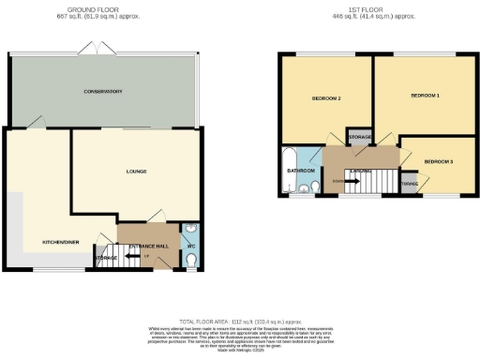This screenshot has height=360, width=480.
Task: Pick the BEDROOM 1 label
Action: point(424,96)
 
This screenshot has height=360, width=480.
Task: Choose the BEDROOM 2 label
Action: point(325,98)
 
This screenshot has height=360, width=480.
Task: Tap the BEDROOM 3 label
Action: point(438,162)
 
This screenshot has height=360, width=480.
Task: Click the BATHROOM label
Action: point(300,172)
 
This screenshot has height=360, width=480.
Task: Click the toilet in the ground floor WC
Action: point(190,263)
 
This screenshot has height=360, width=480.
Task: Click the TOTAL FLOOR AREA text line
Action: point(239,320)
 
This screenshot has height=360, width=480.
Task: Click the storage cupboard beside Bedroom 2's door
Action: point(359,137)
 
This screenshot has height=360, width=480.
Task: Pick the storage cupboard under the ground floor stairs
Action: point(107,257)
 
